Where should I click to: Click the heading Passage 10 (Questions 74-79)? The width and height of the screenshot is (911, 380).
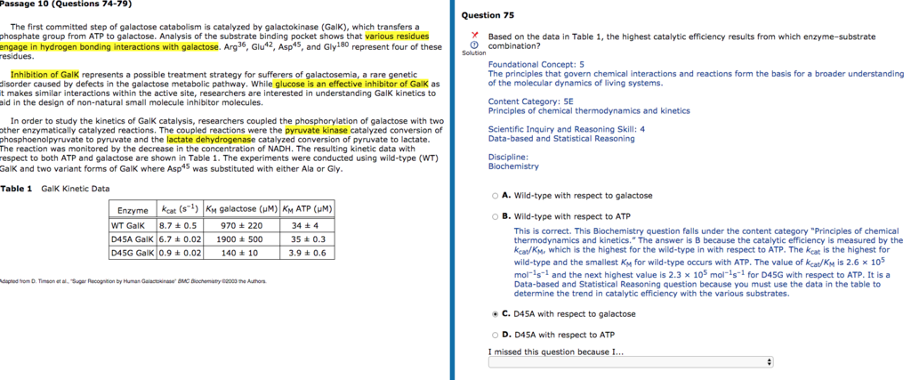click(43, 4)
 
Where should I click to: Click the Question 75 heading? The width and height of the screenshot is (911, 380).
click(488, 15)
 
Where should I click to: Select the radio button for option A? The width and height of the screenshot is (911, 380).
click(495, 196)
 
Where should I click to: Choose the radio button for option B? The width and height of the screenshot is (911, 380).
click(495, 216)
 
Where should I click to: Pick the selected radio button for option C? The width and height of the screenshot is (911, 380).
click(495, 313)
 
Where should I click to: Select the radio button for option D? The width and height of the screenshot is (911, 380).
click(495, 335)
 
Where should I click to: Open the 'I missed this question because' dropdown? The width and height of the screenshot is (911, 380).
click(631, 362)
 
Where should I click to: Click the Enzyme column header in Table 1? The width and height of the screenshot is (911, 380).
click(132, 210)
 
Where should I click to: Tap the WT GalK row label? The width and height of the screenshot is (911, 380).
click(128, 225)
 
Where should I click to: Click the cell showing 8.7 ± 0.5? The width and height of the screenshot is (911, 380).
click(178, 225)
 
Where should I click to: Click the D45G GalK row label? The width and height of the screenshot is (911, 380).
click(132, 253)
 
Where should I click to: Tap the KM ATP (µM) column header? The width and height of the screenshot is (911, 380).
click(307, 210)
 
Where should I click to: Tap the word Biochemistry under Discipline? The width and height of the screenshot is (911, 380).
click(513, 166)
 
